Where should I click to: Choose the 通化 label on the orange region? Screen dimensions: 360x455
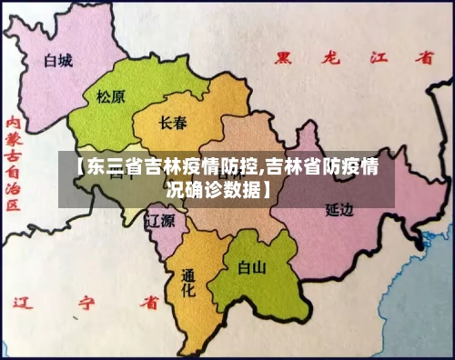[188, 283]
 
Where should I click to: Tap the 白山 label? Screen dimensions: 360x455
[251, 267]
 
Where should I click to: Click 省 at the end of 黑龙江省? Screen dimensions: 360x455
[424, 57]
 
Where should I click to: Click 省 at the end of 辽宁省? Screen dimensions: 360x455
[148, 299]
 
